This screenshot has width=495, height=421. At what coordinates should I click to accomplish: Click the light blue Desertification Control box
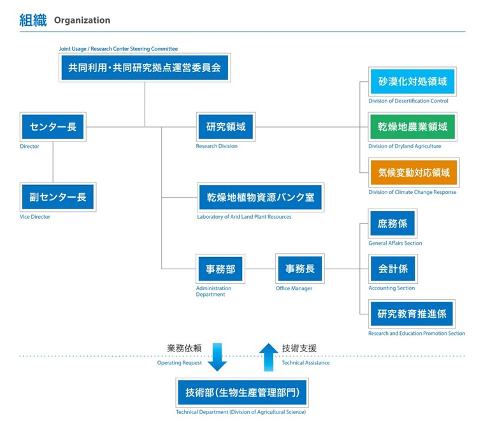(x=412, y=82)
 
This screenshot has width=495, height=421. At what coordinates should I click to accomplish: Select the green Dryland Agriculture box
(x=413, y=127)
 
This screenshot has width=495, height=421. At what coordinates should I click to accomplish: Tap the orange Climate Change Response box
(x=414, y=172)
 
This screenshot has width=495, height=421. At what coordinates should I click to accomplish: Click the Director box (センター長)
(x=53, y=127)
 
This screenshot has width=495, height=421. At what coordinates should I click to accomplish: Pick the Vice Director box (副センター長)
(x=58, y=197)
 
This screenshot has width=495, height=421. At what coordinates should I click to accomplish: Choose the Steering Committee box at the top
(x=145, y=68)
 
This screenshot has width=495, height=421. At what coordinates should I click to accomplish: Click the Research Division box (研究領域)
(x=226, y=127)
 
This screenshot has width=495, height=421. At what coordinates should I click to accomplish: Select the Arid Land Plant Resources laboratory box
(x=261, y=197)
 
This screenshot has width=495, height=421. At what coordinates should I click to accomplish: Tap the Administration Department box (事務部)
(x=220, y=269)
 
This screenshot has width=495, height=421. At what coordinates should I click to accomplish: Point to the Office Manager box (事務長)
(x=300, y=269)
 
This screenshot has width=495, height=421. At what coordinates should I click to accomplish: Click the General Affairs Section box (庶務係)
(x=392, y=223)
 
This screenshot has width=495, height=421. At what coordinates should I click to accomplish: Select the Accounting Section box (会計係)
(x=392, y=269)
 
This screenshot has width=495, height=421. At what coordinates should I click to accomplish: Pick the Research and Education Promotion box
(x=412, y=314)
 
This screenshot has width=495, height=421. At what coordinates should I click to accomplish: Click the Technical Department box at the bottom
(x=242, y=392)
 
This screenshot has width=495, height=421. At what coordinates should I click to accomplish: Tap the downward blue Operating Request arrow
(x=217, y=357)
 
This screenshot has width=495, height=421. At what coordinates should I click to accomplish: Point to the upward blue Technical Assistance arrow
(x=268, y=357)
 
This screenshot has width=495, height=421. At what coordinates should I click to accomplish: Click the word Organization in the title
(x=82, y=20)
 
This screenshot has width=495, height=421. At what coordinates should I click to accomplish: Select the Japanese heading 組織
(x=33, y=20)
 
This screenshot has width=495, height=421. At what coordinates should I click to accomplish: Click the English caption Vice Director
(x=35, y=217)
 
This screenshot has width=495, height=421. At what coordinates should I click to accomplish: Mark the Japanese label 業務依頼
(x=184, y=348)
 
